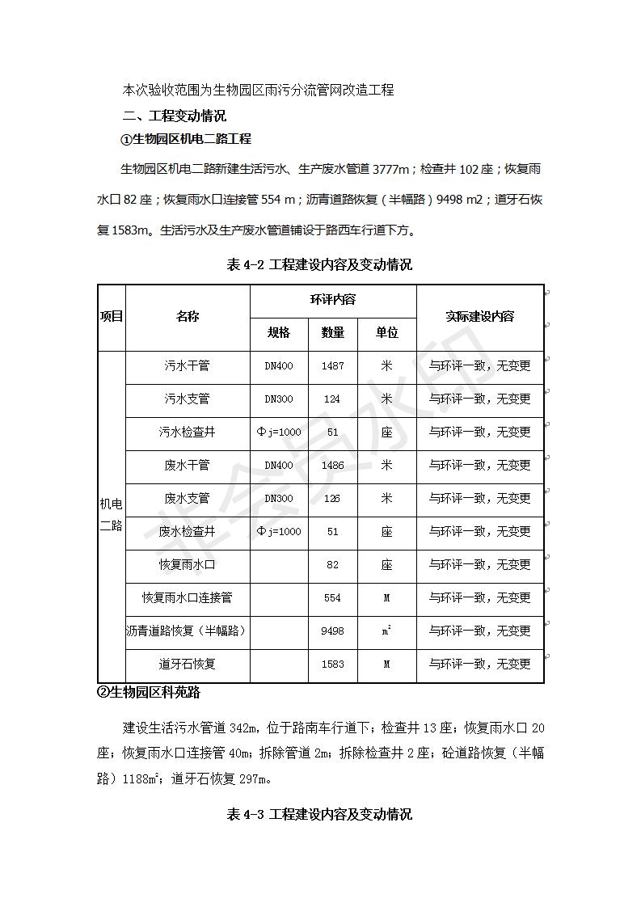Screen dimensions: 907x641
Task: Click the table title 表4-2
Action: click(x=320, y=265)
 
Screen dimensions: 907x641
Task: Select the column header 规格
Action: click(x=278, y=333)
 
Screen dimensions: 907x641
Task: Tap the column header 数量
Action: click(x=332, y=333)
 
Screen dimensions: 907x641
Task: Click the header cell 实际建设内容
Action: click(x=479, y=317)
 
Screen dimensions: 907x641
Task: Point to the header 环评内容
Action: click(x=332, y=300)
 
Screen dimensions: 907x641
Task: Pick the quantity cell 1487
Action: click(x=332, y=366)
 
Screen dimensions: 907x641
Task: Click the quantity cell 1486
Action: click(x=332, y=466)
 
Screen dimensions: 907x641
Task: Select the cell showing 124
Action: click(x=332, y=399)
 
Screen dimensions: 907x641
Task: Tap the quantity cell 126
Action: click(x=332, y=499)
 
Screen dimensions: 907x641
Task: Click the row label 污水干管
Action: click(x=187, y=366)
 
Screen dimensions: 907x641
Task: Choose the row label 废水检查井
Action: click(x=187, y=532)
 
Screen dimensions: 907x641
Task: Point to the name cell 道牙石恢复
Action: click(x=187, y=664)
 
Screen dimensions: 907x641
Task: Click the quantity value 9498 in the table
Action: click(x=332, y=631)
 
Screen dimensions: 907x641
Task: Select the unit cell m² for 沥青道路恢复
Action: click(x=386, y=631)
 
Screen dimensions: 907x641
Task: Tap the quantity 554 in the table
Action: click(x=332, y=598)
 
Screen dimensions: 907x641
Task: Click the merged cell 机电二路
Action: click(x=111, y=515)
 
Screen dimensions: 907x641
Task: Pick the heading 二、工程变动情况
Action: click(x=174, y=116)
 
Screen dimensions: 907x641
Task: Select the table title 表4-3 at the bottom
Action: click(x=320, y=814)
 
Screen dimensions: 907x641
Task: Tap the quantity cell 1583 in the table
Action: click(x=332, y=664)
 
